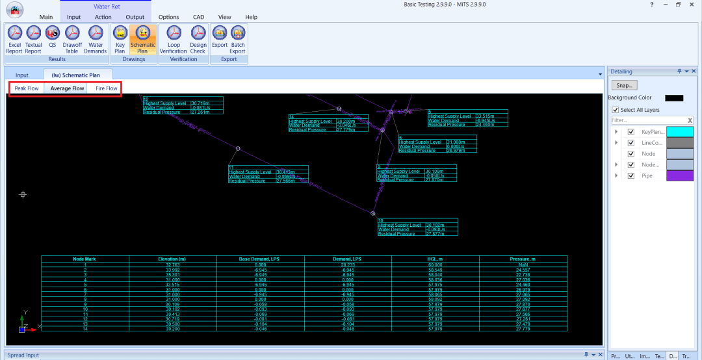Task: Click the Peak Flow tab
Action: coord(27,88)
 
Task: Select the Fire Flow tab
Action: coord(107,88)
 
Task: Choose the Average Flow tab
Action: coord(67,88)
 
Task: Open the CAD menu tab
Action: coord(198,17)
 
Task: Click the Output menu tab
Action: coord(135,17)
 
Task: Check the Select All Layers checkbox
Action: coord(616,110)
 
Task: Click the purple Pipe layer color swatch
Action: coord(675,175)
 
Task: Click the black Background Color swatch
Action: coord(674,97)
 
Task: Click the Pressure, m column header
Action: coord(523,259)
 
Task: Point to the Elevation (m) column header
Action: coord(172,259)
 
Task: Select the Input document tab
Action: coord(22,75)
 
